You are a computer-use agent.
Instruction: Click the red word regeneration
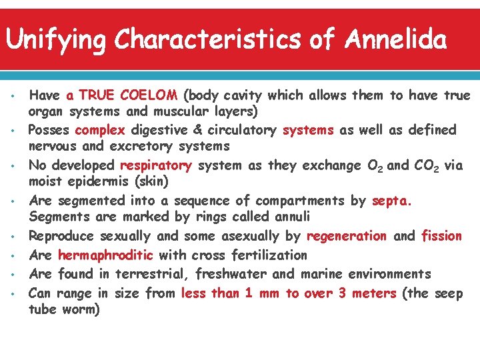click(x=347, y=235)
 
